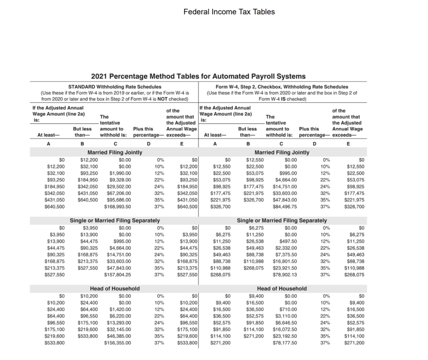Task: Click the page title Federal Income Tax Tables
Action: coord(229,11)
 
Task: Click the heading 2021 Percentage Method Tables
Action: coord(198,76)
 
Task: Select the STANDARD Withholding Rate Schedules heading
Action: coord(115,87)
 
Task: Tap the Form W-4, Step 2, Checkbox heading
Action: coord(282,87)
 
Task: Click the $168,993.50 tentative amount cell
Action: coord(118,207)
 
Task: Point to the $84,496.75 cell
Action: coord(285,207)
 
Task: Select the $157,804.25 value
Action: coord(118,275)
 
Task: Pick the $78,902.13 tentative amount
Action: coord(285,275)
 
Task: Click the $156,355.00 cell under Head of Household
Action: coord(118,343)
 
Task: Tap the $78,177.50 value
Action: coord(285,343)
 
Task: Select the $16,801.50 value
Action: coord(285,261)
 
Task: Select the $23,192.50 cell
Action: coord(285,336)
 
